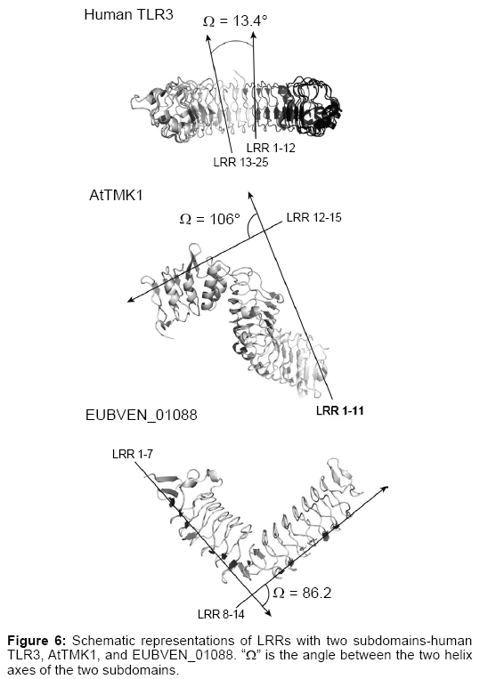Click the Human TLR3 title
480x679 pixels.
tap(128, 14)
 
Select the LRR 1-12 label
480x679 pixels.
tap(271, 148)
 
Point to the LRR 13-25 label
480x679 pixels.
tap(240, 162)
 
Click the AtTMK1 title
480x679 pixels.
tap(116, 195)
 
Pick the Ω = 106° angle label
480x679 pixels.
tap(209, 219)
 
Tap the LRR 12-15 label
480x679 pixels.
tap(314, 217)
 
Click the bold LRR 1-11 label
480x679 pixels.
tap(339, 410)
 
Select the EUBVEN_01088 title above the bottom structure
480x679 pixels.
tap(142, 415)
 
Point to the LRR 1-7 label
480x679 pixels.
tap(133, 454)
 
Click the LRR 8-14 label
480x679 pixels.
tap(221, 614)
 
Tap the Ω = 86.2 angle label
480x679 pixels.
tap(302, 593)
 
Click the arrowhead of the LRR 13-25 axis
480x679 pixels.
tap(207, 37)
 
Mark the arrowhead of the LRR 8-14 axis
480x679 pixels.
tap(384, 489)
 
